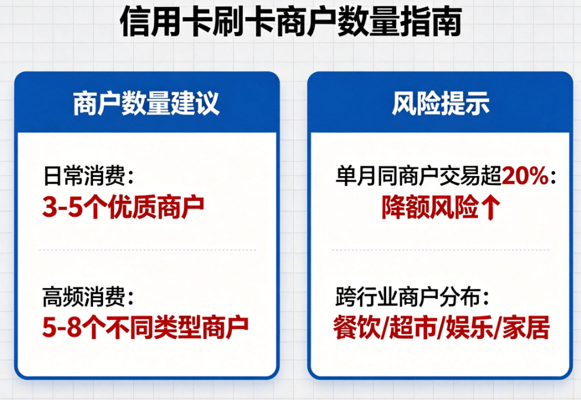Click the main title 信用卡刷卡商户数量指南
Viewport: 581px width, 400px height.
[290, 24]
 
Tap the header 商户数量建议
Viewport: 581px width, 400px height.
[146, 104]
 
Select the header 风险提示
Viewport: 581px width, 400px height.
[441, 104]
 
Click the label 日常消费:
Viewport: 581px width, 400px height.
[89, 176]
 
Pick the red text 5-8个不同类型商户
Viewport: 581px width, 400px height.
[145, 327]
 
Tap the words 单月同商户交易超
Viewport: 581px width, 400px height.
[418, 176]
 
